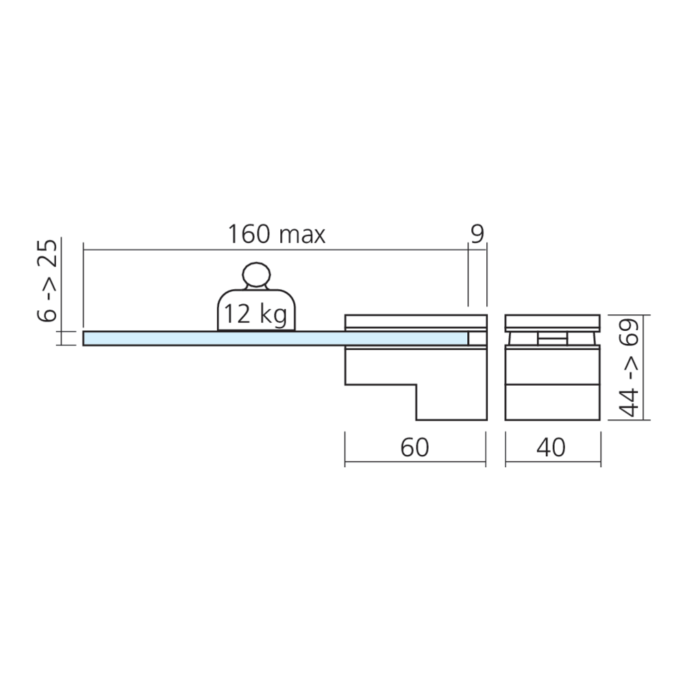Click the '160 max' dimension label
(277, 234)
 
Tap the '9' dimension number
(477, 234)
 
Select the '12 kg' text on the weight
(256, 314)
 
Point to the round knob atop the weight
(256, 275)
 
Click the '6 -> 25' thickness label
(47, 281)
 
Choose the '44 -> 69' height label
(630, 368)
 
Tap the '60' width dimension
(414, 447)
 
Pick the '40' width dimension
(551, 447)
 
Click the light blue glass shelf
(275, 338)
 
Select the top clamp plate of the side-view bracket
(416, 321)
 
